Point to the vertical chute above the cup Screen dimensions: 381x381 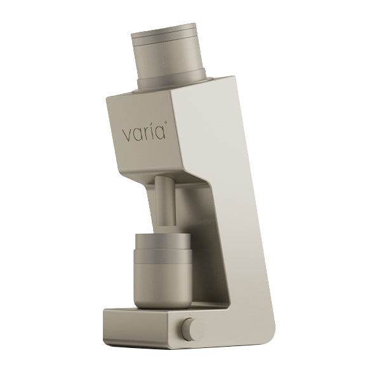165,203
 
